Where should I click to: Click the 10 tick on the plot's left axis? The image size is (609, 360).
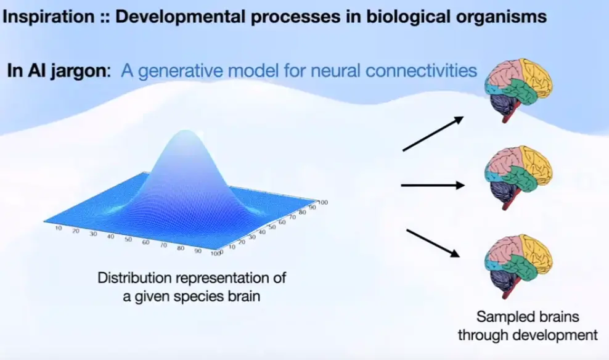click(x=59, y=229)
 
